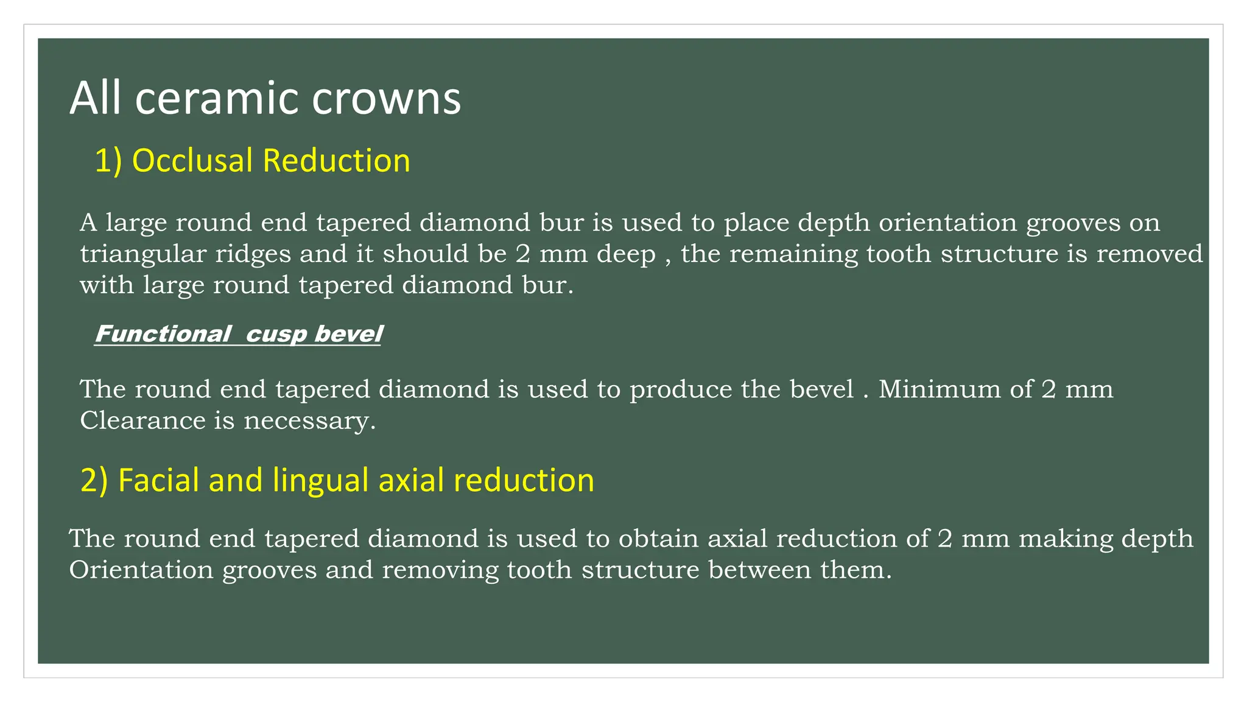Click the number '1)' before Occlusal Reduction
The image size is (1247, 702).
(108, 161)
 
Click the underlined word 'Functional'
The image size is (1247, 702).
(163, 334)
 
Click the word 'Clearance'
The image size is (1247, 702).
(142, 420)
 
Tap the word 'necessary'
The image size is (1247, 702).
(309, 420)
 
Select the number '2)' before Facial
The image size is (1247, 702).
(94, 480)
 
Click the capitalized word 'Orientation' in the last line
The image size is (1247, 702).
(141, 570)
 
